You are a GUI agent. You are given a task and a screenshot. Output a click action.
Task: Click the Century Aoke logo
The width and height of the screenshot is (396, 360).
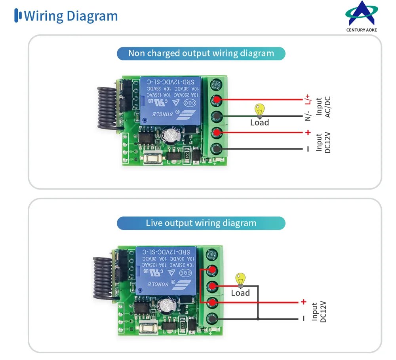pos(362,16)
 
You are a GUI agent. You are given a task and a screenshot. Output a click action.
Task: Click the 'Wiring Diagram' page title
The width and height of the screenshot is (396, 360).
pos(71,16)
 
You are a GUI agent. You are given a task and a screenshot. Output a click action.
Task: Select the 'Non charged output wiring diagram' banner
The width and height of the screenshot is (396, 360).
pos(201,53)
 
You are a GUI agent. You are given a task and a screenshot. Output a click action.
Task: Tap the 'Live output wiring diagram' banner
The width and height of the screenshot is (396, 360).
pos(201,223)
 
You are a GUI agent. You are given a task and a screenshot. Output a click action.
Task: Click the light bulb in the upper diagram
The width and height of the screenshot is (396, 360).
pos(259,110)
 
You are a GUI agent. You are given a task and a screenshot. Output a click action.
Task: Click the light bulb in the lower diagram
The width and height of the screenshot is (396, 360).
pos(240,280)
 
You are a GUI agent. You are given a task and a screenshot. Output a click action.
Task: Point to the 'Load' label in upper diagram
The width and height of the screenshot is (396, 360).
pos(259,123)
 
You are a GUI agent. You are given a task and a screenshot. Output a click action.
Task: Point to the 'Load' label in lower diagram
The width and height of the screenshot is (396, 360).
pos(240,293)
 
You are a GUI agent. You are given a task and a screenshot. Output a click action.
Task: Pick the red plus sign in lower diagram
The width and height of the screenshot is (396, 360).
pos(304,302)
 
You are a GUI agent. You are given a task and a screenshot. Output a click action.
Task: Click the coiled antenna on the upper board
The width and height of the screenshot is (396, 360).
pos(106,107)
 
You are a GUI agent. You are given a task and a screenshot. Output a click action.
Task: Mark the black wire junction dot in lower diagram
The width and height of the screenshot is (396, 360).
pos(258,318)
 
